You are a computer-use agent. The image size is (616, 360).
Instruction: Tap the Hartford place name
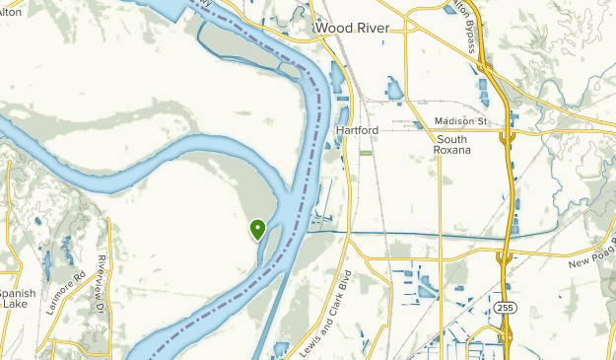pos(357,130)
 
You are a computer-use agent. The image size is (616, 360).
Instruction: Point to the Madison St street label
pos(460,121)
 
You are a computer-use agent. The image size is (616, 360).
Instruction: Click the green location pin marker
pos(258,229)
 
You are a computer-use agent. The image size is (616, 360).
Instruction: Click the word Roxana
pos(452,151)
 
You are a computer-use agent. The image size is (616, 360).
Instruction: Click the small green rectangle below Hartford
pos(367,153)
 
